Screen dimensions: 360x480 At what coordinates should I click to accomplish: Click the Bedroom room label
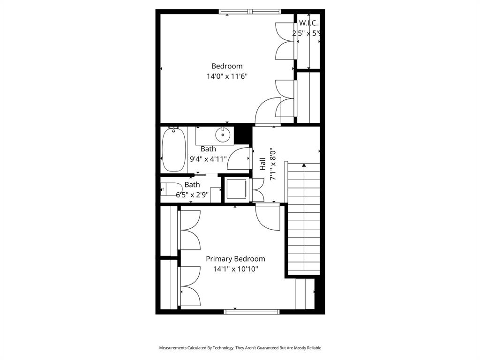coord(227,66)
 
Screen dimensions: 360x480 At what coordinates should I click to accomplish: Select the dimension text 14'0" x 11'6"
coord(227,76)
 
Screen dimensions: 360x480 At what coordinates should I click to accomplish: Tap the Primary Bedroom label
coord(235,259)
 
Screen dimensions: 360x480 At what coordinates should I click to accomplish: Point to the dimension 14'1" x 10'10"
coord(235,269)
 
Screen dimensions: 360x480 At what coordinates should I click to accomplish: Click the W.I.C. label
coord(308,23)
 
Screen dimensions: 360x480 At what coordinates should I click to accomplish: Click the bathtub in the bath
coord(174,150)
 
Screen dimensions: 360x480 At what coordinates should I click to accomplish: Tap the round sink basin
coord(223,135)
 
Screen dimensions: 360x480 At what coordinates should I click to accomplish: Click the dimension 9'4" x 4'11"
coord(208,159)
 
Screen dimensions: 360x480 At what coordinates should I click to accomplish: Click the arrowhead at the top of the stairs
coord(304,165)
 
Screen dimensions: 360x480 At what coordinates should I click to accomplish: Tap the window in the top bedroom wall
coord(250,12)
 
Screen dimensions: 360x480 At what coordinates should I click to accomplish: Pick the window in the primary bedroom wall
coord(252,311)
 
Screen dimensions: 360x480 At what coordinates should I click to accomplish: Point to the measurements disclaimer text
coord(240,348)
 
